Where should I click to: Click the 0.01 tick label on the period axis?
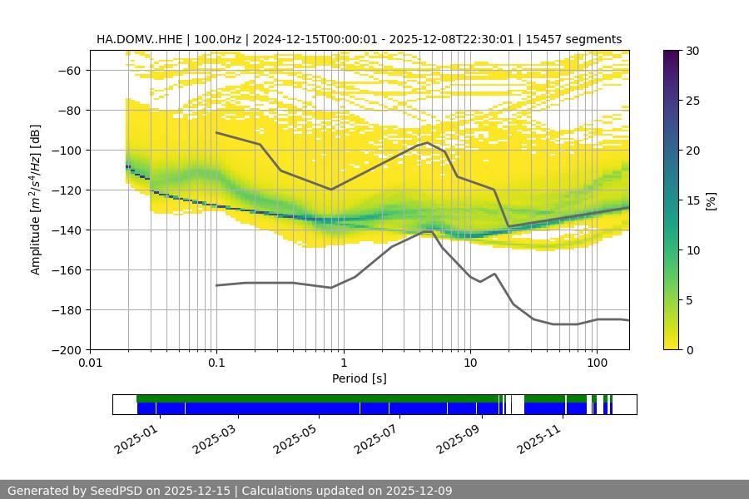pos(90,363)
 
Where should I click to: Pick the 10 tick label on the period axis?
pos(469,363)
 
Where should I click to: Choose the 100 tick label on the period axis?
pos(596,363)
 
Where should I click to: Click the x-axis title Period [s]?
pos(360,378)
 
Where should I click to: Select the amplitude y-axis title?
pos(36,200)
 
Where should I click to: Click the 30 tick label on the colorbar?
pos(692,51)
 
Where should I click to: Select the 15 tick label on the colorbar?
pos(692,200)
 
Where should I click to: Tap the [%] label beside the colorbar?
pos(711,200)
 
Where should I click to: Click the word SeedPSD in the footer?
pos(115,491)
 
